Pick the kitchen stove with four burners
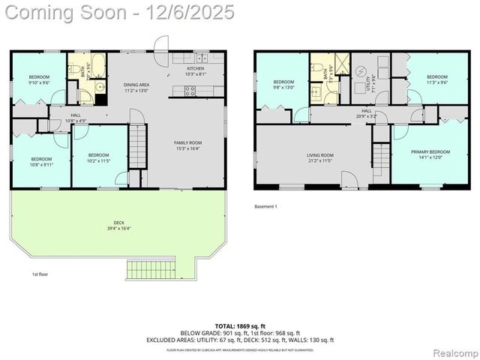190,91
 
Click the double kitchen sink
201,58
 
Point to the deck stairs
151,268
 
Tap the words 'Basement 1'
266,206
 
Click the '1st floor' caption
40,274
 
